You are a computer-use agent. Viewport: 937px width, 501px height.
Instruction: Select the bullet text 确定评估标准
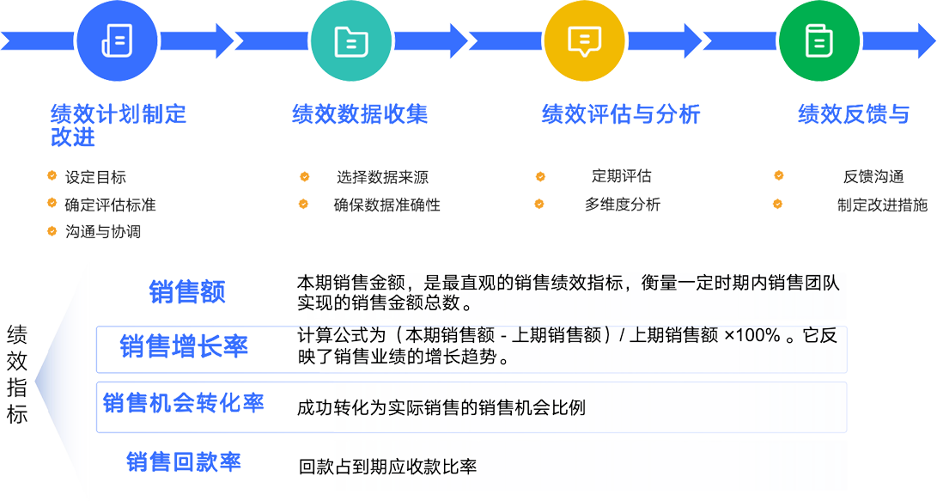110,205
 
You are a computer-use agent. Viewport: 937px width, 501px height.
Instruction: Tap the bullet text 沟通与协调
102,232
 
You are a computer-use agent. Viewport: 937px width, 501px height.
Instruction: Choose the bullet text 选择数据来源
383,178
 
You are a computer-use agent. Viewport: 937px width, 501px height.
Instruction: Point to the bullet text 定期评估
621,176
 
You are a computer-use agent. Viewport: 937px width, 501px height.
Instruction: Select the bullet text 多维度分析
623,205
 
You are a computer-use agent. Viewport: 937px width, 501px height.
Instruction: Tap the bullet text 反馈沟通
873,177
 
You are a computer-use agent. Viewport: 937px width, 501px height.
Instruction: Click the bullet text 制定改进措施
882,205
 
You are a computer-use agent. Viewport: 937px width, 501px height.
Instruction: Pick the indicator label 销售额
186,291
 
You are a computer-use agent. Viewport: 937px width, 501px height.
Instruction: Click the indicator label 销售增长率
184,346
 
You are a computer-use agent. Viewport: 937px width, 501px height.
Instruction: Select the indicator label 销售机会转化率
182,402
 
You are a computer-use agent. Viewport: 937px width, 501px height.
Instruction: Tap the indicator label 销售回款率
183,461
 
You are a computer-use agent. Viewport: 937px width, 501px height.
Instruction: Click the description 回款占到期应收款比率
387,467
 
